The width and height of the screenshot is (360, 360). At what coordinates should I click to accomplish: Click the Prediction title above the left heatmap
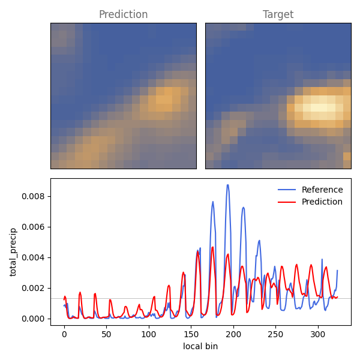tap(123, 14)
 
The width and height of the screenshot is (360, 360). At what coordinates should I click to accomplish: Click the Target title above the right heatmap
tap(278, 14)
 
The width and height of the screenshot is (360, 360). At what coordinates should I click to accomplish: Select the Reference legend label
tap(322, 190)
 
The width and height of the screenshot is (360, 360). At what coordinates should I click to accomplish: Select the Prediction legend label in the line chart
tap(322, 202)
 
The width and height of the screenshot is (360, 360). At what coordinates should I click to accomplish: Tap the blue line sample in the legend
tap(287, 190)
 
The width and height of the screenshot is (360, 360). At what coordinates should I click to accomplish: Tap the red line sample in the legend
tap(287, 202)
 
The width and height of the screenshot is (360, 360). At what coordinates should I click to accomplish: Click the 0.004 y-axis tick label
tap(33, 257)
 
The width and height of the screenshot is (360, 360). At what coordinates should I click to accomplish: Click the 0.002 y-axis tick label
tap(33, 288)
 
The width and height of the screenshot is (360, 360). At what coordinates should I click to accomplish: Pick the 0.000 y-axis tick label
tap(33, 319)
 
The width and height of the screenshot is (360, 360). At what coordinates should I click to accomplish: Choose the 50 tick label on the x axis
tap(107, 334)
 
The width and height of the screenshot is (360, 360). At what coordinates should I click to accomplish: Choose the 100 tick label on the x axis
tap(149, 334)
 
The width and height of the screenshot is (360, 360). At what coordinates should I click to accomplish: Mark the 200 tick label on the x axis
tap(233, 334)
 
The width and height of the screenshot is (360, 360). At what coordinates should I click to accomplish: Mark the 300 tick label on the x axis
tap(318, 334)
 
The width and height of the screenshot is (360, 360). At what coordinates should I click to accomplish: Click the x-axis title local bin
tap(200, 346)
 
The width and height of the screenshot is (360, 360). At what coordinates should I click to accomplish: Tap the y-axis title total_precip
tap(13, 253)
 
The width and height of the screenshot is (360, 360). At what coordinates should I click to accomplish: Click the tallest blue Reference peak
tap(228, 185)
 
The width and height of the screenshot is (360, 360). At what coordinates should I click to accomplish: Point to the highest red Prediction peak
tap(212, 247)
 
